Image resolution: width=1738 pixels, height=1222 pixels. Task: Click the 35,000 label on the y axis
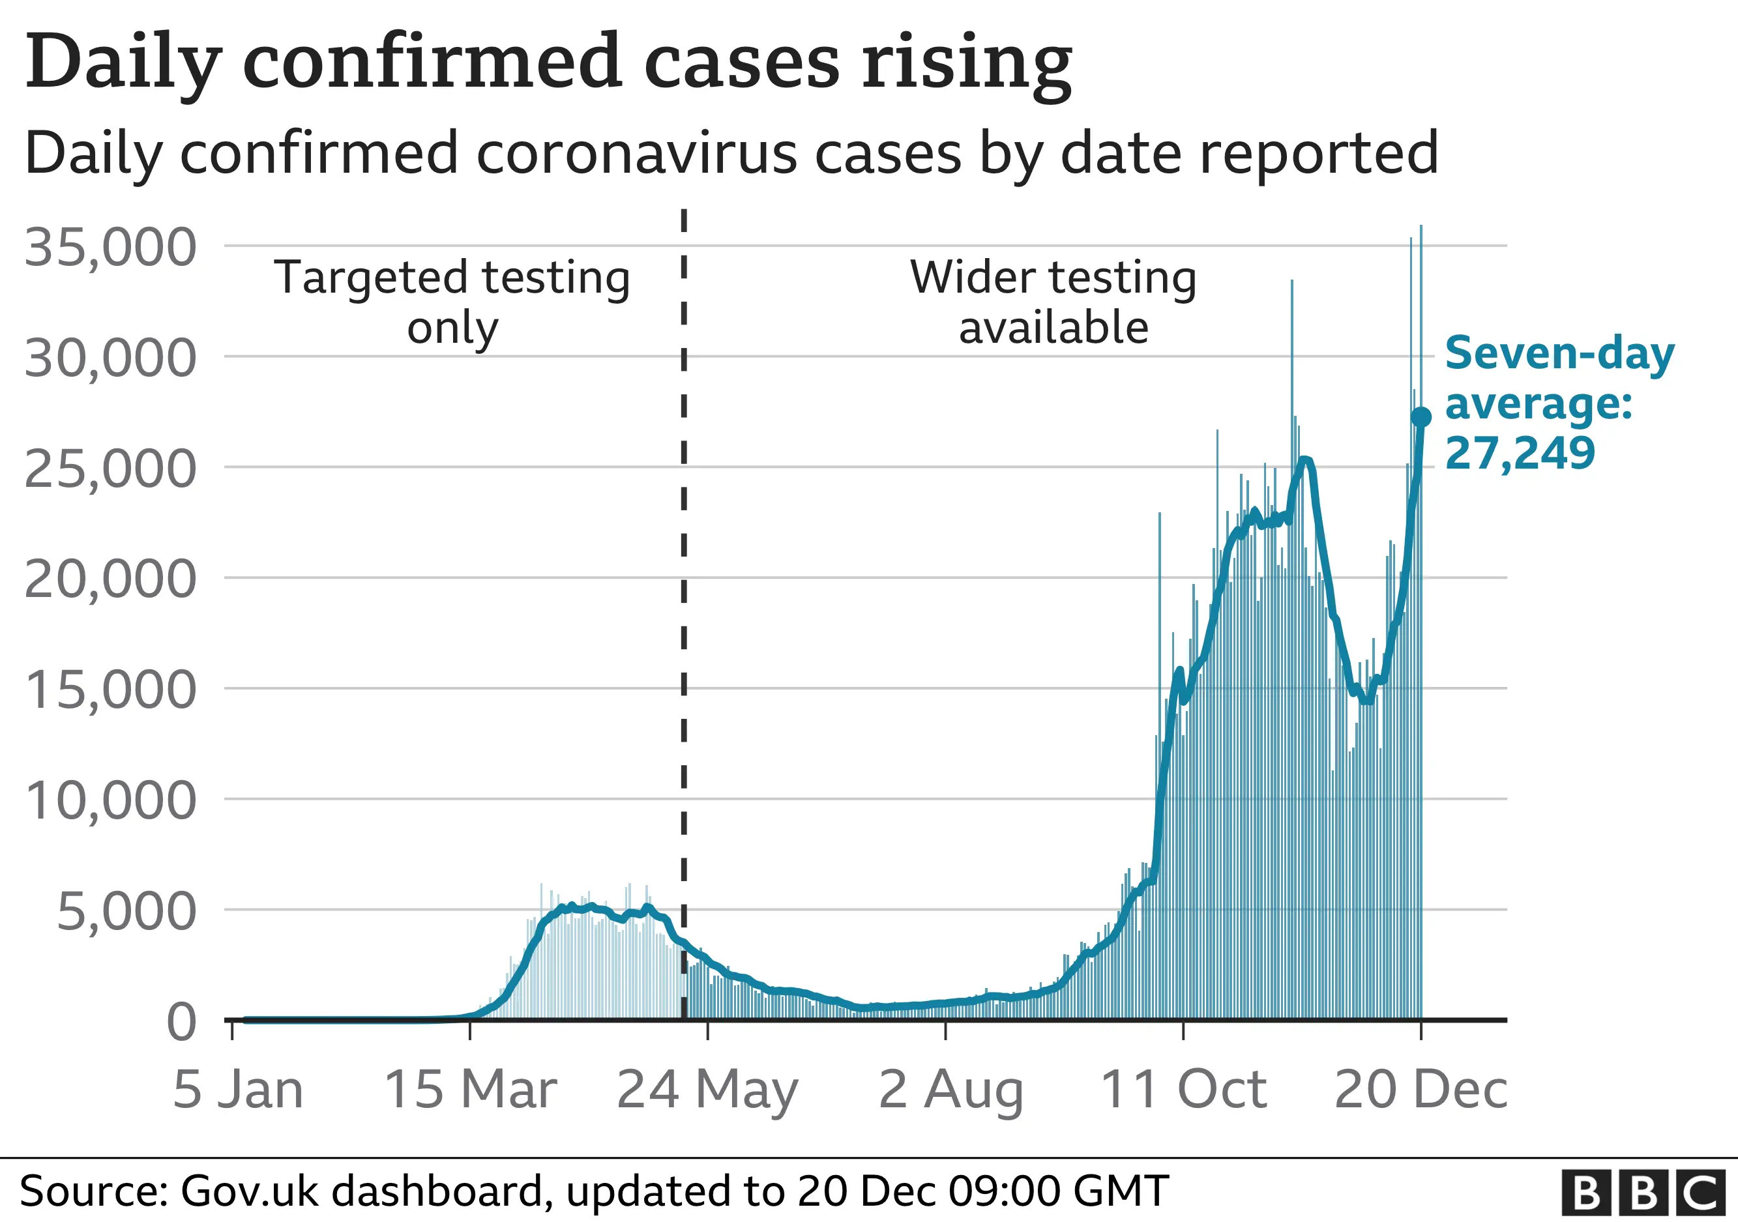(x=111, y=248)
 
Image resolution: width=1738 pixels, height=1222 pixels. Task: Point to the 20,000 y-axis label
(x=111, y=579)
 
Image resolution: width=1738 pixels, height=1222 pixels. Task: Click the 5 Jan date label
(x=238, y=1090)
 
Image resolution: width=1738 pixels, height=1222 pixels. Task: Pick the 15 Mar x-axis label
(x=470, y=1090)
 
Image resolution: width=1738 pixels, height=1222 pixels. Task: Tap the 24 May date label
(x=707, y=1090)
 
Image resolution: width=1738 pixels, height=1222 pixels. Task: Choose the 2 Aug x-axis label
(x=950, y=1090)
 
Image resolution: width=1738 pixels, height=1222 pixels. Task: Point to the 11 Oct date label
(x=1183, y=1090)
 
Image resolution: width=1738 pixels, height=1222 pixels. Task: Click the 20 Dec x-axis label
(x=1421, y=1090)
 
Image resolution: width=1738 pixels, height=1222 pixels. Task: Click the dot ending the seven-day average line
(x=1421, y=417)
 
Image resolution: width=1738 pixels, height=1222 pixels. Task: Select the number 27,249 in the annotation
(x=1520, y=453)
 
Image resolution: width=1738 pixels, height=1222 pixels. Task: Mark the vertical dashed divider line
(x=684, y=605)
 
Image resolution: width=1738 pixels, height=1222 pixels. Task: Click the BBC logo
(x=1642, y=1193)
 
